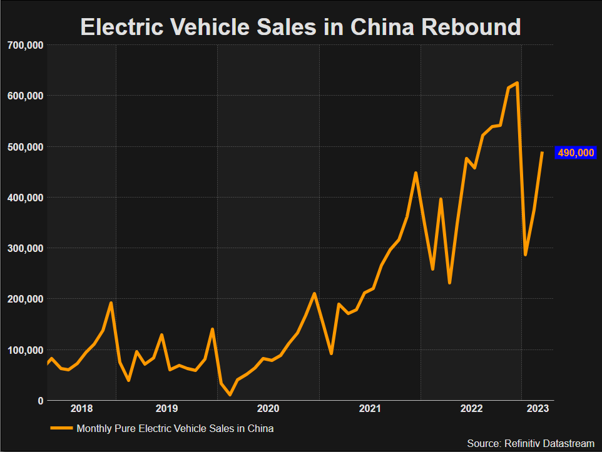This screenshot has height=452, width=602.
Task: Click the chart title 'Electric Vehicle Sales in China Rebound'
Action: [300, 27]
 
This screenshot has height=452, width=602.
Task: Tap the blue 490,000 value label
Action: [575, 153]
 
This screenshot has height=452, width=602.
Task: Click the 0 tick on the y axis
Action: [39, 401]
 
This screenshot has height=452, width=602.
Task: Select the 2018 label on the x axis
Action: [82, 409]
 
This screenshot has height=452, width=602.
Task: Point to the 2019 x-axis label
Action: [166, 409]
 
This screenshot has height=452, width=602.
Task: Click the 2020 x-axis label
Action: [268, 409]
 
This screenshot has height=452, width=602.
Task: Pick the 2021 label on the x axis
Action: [370, 409]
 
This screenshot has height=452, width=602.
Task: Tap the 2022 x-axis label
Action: [472, 409]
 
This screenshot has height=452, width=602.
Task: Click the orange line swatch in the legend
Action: [61, 429]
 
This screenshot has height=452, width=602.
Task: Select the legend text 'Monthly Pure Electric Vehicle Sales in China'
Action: [175, 429]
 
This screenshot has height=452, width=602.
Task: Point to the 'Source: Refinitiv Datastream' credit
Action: [531, 443]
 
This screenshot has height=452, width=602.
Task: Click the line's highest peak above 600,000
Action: [517, 83]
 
